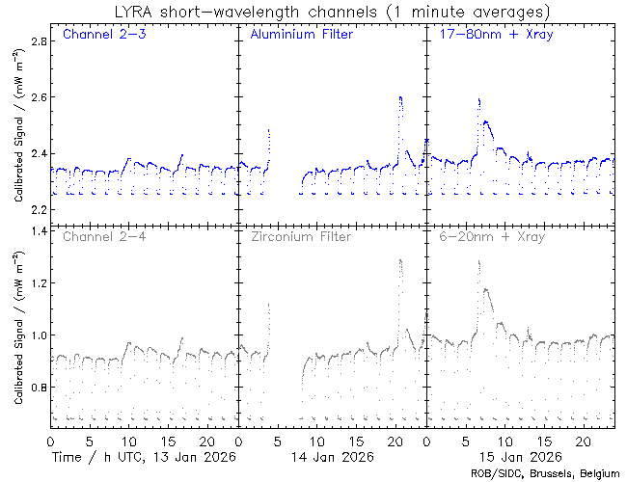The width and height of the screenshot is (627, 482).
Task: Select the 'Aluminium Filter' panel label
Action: [x=301, y=36]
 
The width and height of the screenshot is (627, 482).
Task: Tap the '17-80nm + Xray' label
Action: [x=489, y=36]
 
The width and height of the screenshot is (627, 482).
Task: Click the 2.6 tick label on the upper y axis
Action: [x=38, y=97]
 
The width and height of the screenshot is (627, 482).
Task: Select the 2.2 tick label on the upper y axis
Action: [x=38, y=209]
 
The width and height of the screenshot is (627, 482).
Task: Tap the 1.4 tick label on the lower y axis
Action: [x=38, y=231]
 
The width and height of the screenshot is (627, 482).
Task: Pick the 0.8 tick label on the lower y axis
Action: [x=38, y=388]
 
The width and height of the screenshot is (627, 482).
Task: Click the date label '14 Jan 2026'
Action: [x=331, y=456]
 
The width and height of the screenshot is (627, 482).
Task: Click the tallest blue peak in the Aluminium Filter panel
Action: [x=399, y=97]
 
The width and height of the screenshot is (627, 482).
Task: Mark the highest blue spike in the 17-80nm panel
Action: [x=478, y=98]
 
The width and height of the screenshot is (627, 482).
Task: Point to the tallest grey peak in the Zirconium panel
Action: [x=399, y=259]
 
